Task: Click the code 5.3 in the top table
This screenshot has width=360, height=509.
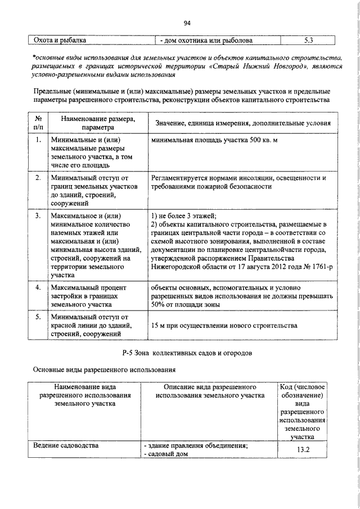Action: (308, 40)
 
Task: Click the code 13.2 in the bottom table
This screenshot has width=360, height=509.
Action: (304, 449)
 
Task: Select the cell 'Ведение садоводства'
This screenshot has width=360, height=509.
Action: (66, 445)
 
